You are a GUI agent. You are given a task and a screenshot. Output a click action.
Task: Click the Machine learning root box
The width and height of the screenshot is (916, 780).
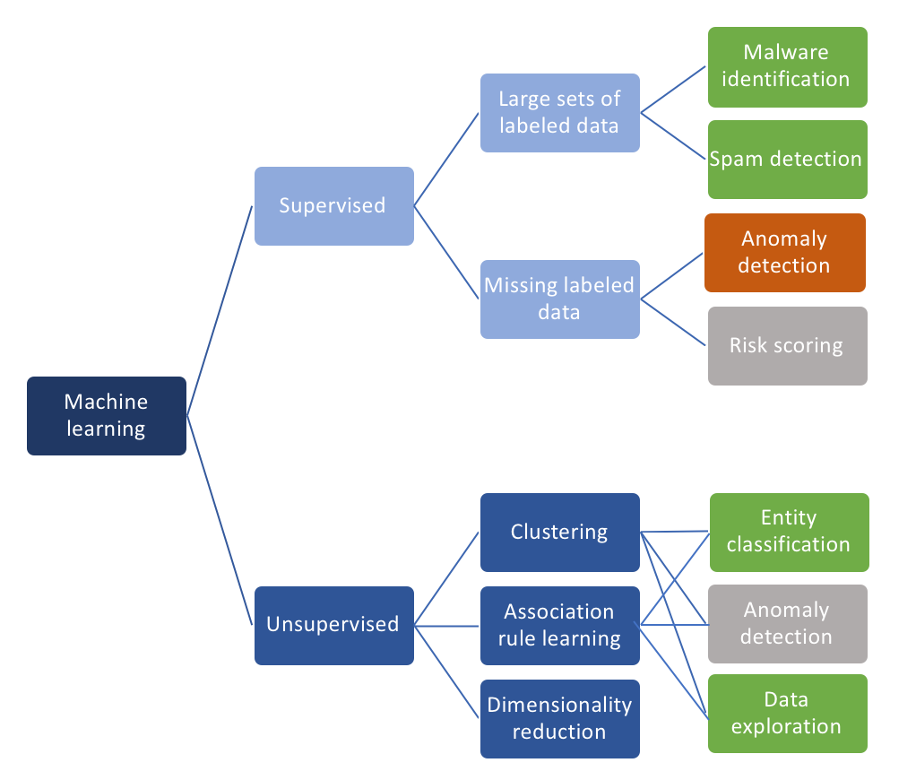pos(107,415)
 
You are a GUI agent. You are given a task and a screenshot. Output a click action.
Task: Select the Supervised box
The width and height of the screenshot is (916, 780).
pos(333,205)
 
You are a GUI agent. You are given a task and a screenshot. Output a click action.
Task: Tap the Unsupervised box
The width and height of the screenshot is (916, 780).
pos(333,625)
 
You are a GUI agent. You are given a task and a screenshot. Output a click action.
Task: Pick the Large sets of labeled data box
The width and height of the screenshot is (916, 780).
pos(559,112)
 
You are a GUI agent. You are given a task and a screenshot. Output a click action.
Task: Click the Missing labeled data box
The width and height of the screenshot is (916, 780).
pos(559,299)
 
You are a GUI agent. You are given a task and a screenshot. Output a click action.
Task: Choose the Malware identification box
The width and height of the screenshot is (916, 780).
pos(787,65)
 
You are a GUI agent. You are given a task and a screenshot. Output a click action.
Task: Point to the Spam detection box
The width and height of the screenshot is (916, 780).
pos(787,159)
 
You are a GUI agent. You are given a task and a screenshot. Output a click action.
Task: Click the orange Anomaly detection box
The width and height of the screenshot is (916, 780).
pos(784,252)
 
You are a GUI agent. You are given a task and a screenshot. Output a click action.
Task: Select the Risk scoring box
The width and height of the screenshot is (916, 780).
pos(787,345)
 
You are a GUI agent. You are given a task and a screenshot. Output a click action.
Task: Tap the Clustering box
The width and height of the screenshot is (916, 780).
pos(559,532)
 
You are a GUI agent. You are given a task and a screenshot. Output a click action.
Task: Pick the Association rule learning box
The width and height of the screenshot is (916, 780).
pos(559,625)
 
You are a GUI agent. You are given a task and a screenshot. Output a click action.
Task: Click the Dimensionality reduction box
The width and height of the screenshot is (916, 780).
pos(559,718)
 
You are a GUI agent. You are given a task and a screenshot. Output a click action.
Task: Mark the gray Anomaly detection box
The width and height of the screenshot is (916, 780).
pos(788,623)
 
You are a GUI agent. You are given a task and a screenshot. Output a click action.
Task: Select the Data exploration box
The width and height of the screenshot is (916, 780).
pos(787,713)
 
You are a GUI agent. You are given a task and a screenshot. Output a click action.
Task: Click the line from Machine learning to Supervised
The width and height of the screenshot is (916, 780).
pos(220,310)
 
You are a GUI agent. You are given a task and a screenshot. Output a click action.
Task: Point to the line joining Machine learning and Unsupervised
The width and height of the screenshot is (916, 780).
pos(220,520)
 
